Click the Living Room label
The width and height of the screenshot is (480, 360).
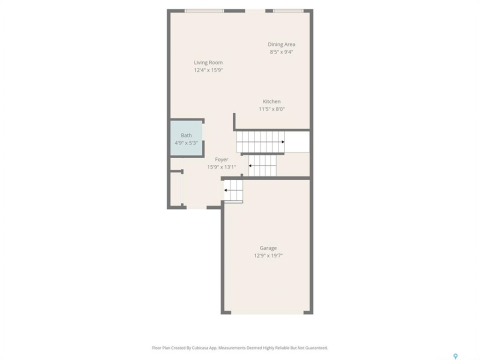(208, 62)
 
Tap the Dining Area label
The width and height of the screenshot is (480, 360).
(281, 44)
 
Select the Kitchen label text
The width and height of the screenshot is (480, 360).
(271, 101)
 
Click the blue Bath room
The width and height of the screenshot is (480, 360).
(186, 138)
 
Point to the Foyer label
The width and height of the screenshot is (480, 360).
(221, 159)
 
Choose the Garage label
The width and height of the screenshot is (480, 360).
(268, 248)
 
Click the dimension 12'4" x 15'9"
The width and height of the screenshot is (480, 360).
(208, 70)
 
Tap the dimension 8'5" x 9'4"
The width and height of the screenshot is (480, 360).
(281, 52)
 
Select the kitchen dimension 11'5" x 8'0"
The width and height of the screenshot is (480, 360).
(271, 109)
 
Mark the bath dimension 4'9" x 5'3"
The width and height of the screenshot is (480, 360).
(186, 143)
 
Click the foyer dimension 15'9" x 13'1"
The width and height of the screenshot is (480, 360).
(221, 167)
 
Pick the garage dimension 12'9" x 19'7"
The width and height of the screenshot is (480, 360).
(268, 255)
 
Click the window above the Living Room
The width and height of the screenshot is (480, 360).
(204, 11)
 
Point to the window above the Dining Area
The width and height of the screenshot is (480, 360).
(288, 11)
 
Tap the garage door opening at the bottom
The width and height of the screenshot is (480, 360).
(267, 312)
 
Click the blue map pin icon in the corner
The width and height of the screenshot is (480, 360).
(455, 356)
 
